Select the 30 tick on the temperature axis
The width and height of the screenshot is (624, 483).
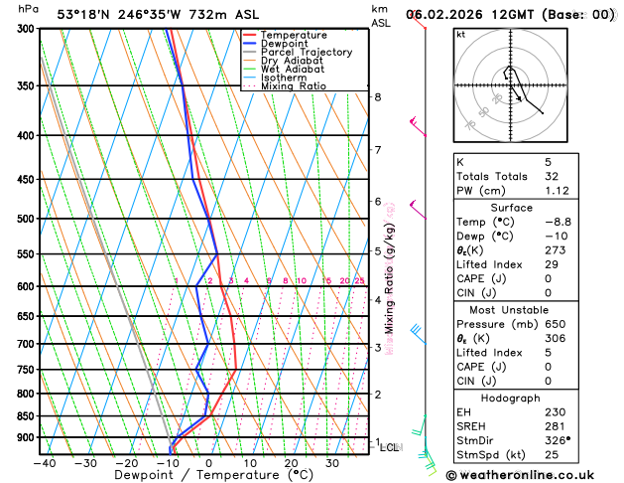click(332, 463)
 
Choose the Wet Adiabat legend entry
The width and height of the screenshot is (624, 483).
click(292, 69)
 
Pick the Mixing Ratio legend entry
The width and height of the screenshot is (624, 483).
click(293, 85)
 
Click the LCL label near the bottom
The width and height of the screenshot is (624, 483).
click(390, 448)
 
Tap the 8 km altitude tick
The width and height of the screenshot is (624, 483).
click(377, 96)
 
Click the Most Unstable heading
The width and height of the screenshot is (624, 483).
click(526, 310)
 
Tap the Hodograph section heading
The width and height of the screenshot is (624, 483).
click(526, 398)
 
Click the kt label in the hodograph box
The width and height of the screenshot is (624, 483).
click(460, 34)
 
